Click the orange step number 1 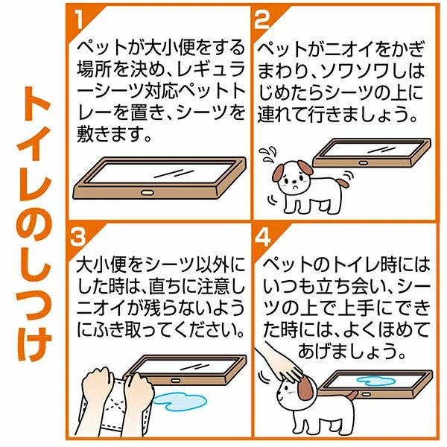[x=79, y=19]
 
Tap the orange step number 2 [x=262, y=19]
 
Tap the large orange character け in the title [x=34, y=343]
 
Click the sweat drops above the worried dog [x=267, y=153]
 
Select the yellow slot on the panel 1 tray [x=148, y=193]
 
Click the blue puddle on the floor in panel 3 [x=180, y=402]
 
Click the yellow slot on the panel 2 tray [x=363, y=163]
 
